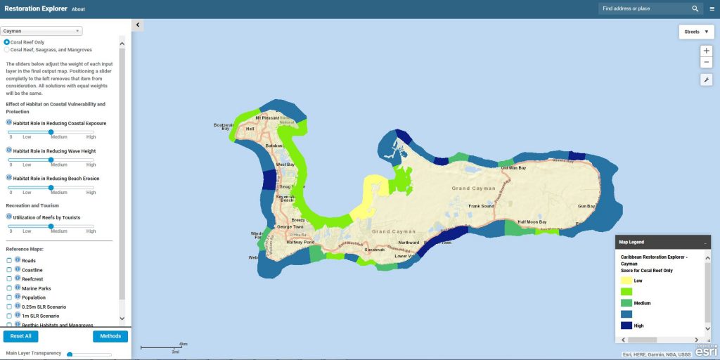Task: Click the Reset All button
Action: [20, 336]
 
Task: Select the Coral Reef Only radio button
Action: [7, 42]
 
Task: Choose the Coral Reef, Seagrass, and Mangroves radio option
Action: [7, 50]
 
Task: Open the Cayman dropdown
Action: [42, 31]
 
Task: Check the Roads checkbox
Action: [9, 260]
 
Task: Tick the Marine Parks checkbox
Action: [9, 288]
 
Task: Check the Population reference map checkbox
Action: [9, 297]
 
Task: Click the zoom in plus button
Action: [707, 51]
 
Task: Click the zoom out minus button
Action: [707, 63]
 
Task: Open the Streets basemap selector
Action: [696, 32]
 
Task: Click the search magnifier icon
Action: [695, 9]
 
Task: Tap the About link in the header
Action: [78, 9]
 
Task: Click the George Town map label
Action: [290, 227]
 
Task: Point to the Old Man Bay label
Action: [513, 168]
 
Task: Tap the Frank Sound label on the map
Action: [483, 206]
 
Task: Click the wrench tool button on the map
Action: [707, 80]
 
